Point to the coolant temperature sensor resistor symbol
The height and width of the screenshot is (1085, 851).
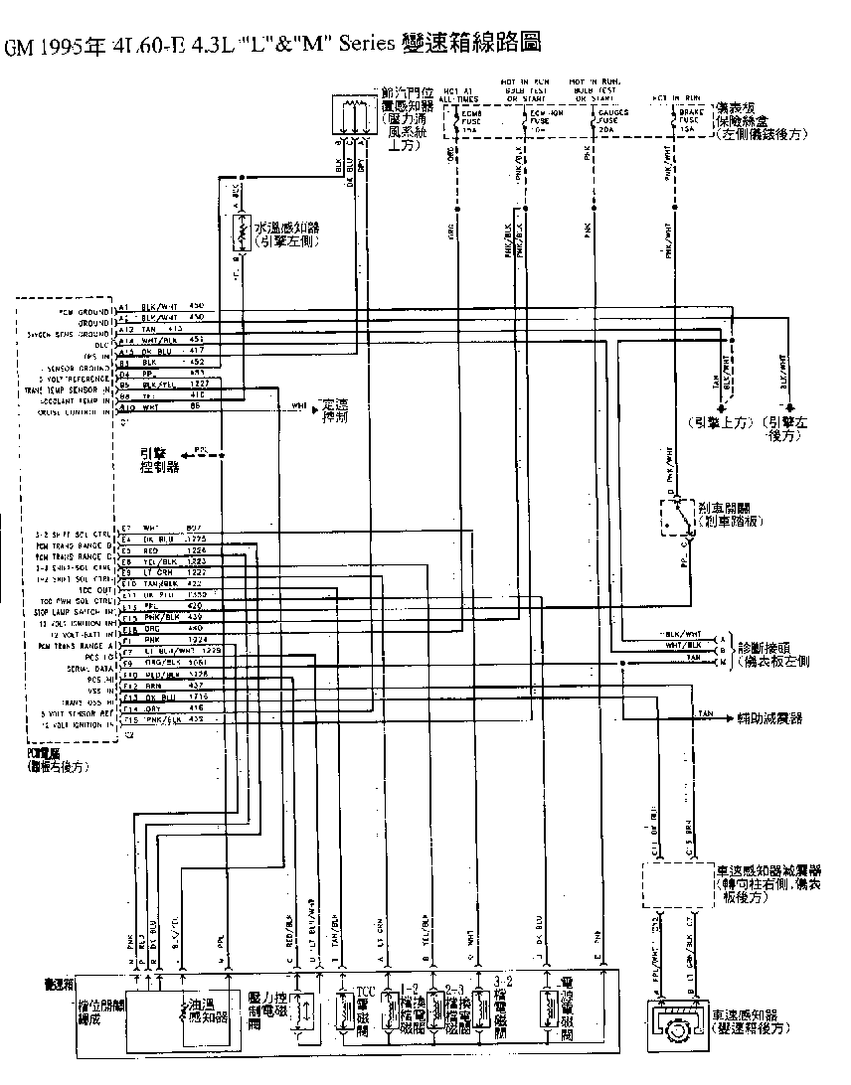[239, 234]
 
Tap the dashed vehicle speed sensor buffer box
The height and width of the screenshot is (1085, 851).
[677, 883]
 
